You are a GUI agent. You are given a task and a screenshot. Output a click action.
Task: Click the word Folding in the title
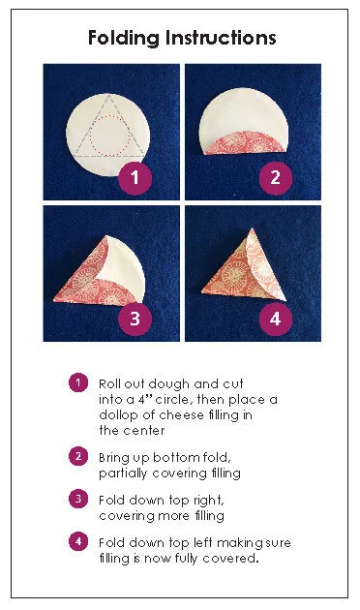coord(124,39)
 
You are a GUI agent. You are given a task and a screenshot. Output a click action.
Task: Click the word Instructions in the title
coord(221,38)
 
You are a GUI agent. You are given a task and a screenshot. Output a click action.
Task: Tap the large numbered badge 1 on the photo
coord(135,178)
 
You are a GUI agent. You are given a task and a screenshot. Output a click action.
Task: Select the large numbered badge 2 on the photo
coord(275,178)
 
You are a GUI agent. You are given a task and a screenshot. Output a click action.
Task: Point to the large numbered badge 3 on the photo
coord(135,319)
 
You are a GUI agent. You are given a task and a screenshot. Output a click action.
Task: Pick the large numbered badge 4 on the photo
coord(275,319)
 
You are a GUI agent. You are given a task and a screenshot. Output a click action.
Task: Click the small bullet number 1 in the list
coord(78,382)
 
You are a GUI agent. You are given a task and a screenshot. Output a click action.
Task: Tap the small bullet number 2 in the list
coord(78,456)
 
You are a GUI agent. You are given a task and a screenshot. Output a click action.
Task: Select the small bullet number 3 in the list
coord(78,499)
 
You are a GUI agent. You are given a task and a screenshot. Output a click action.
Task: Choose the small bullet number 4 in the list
coord(78,541)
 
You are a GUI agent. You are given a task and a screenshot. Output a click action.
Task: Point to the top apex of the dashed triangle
coord(108,95)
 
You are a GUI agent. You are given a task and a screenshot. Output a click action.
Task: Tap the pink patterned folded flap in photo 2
coord(244,144)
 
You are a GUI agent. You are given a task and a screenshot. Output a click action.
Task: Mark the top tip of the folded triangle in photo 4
coord(252,229)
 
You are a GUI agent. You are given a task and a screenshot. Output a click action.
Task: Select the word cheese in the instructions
coord(182,414)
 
